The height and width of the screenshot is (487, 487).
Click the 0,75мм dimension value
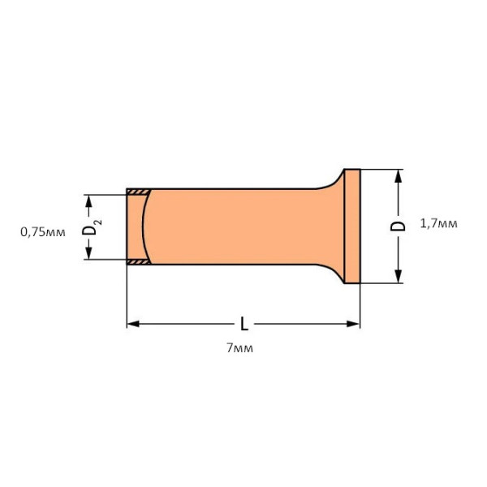pos(43,232)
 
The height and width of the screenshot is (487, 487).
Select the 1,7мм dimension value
pos(438,224)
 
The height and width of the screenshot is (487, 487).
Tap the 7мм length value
pos(239,348)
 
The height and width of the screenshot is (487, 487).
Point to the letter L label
pos(244,324)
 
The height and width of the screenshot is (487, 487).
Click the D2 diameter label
pos(91,226)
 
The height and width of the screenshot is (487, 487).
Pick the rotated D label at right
pos(398,226)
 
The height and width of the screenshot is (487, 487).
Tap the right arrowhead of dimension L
pos(353,324)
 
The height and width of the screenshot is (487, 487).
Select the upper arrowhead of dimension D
pos(398,176)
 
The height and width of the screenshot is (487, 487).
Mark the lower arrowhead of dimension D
pos(398,277)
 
